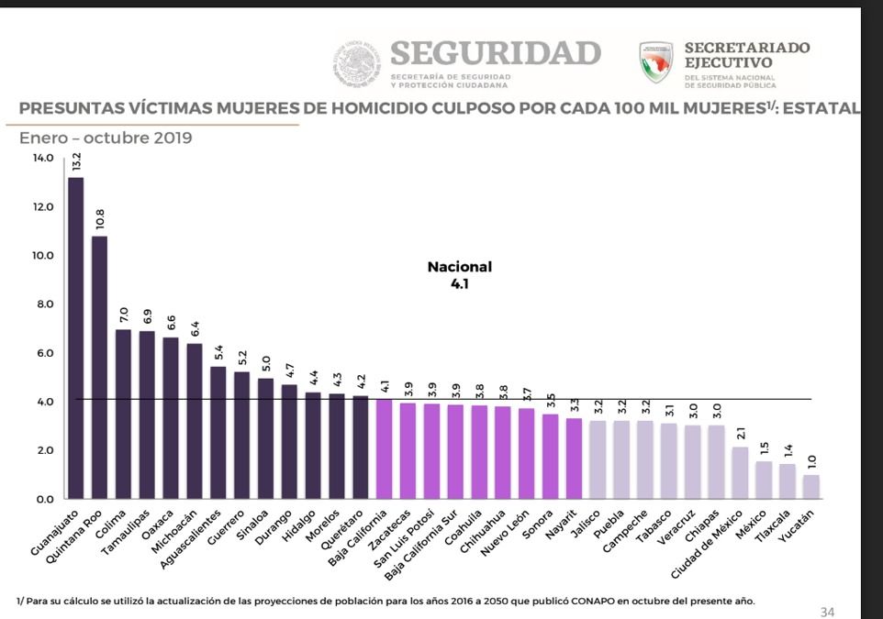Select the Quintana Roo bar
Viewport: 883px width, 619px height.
[99, 367]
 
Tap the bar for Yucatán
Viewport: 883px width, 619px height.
[811, 487]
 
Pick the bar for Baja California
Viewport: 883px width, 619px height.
[384, 449]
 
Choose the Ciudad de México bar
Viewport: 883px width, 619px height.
[740, 473]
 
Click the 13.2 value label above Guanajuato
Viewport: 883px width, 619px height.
[76, 162]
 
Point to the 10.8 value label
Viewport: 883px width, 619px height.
[100, 219]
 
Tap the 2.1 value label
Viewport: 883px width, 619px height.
[741, 432]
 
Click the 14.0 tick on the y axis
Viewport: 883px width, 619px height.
[43, 159]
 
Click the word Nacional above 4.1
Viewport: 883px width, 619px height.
[459, 267]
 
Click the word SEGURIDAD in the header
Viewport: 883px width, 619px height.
[495, 53]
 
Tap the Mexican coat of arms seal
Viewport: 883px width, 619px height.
[357, 62]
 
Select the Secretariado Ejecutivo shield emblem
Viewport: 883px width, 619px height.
[656, 61]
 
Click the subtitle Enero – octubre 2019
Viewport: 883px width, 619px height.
[106, 138]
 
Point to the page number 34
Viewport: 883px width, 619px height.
[827, 612]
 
